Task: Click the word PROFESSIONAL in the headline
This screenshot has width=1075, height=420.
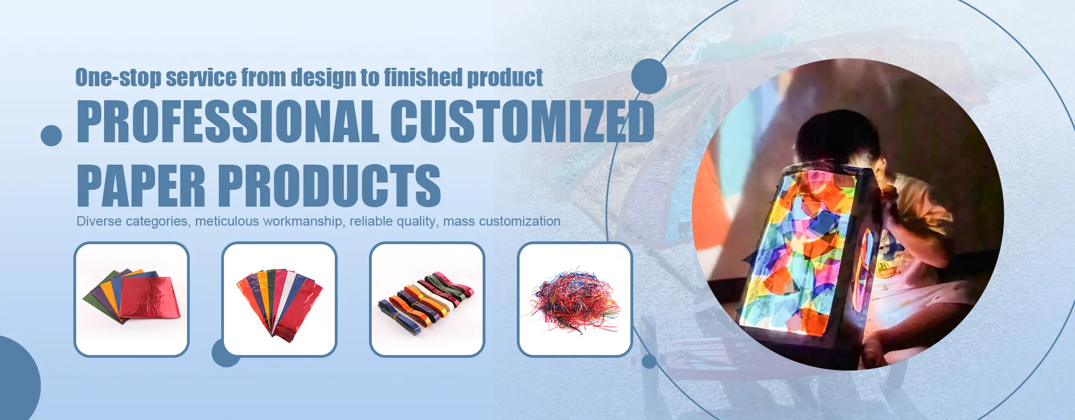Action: click(228, 121)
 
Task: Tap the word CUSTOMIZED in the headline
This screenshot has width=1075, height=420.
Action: click(522, 121)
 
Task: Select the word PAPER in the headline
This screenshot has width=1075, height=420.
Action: click(141, 185)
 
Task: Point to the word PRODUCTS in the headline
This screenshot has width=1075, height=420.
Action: click(329, 185)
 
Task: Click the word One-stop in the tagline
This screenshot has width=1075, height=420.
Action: click(118, 78)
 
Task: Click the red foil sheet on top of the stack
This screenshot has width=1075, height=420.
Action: click(150, 298)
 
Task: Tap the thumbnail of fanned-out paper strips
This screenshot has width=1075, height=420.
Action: click(279, 300)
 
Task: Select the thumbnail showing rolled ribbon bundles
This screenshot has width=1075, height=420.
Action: click(427, 300)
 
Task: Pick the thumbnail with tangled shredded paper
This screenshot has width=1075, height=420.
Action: click(575, 300)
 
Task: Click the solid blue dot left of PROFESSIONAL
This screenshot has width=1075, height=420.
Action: click(52, 136)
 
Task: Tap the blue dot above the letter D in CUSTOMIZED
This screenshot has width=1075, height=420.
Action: click(649, 76)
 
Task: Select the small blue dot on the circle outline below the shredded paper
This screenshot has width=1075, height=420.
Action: click(649, 362)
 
